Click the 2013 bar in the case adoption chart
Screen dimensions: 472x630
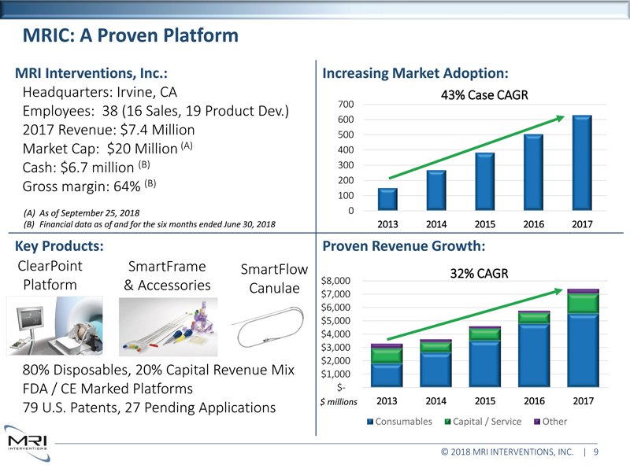coord(387,200)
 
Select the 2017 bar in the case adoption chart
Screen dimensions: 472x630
coord(582,164)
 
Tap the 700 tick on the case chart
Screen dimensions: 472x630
coord(344,105)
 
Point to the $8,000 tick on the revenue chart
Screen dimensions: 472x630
coord(337,281)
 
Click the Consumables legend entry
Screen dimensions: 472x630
coord(399,422)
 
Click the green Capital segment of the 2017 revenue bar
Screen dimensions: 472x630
coord(582,303)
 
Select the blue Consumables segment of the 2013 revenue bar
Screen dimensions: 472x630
coord(387,376)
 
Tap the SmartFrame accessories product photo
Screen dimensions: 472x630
coord(166,327)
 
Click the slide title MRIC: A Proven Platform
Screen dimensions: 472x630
coord(130,35)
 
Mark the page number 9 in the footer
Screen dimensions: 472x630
coord(596,452)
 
